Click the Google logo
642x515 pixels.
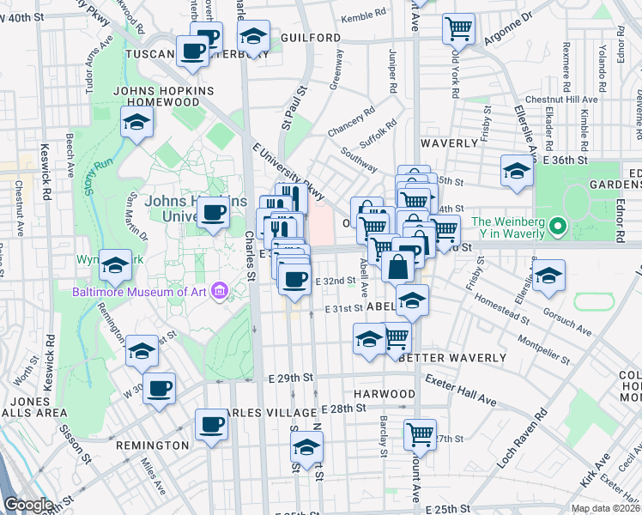[x=28, y=505]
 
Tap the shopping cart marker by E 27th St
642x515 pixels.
[x=420, y=434]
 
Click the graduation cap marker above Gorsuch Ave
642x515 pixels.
[x=548, y=276]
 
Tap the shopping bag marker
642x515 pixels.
[x=399, y=266]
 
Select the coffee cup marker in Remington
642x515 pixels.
[x=211, y=424]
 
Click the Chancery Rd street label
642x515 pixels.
[x=352, y=121]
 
